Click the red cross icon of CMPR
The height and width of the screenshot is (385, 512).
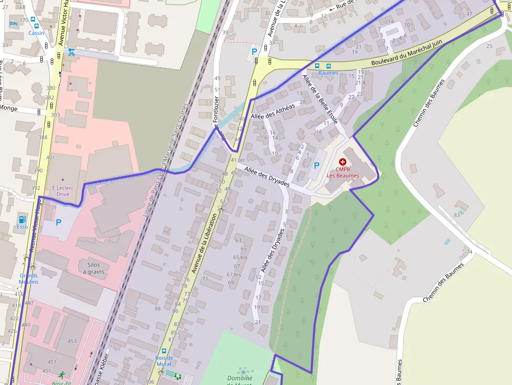343,162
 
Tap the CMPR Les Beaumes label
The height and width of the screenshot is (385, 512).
343,172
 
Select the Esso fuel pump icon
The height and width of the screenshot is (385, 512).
22,219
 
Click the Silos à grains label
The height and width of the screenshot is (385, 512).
94,268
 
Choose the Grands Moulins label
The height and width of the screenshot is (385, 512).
29,278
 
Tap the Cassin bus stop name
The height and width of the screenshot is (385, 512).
37,33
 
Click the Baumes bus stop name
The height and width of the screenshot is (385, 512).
328,73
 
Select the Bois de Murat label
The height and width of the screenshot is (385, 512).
164,360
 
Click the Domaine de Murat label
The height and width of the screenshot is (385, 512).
240,380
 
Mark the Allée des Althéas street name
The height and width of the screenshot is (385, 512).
273,110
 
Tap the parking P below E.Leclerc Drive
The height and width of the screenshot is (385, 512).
59,223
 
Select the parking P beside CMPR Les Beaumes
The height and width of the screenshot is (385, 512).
316,166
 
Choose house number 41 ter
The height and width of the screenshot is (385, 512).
238,160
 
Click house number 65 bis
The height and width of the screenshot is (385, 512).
240,258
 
